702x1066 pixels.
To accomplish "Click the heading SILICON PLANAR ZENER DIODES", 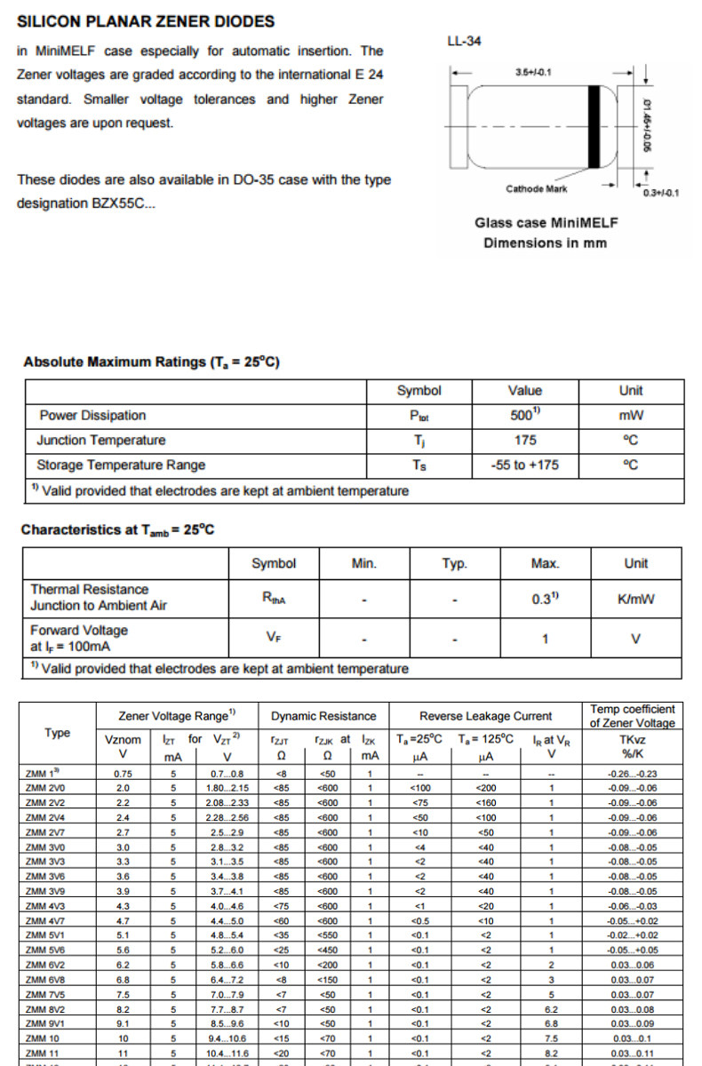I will coord(146,21).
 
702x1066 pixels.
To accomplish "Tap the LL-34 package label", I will coord(467,42).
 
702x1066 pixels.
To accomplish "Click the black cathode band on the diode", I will coord(594,126).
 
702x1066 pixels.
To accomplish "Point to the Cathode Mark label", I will coord(536,188).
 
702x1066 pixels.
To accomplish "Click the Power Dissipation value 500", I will coord(523,415).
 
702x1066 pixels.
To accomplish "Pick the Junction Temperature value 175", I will coord(525,440).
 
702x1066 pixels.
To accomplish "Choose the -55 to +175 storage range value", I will coord(525,465).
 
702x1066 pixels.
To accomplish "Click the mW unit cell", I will coord(631,415).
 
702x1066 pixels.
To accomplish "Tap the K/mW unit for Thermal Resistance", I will coord(635,599).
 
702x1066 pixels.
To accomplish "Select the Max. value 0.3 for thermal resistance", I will coord(543,599).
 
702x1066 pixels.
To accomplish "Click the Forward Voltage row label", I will coord(79,638).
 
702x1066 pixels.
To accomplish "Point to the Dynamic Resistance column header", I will coord(323,716).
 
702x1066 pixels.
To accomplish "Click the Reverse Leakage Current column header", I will coord(486,716).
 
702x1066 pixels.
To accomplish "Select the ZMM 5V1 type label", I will coord(46,935).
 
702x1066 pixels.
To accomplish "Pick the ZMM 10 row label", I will coord(42,1038).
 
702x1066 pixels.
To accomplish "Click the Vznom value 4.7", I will coord(124,920).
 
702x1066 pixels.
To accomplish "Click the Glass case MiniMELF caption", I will coord(546,222).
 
